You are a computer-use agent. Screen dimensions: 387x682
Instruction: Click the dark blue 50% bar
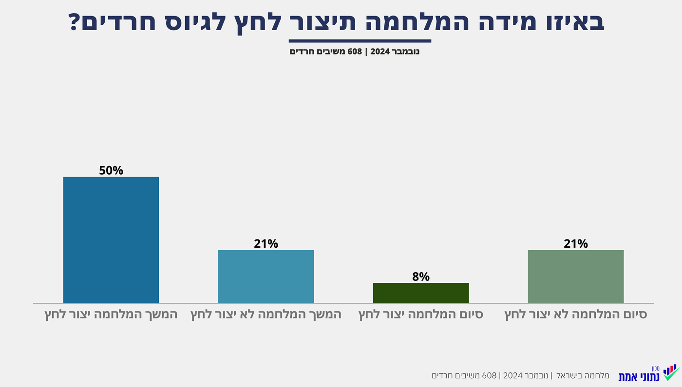(x=111, y=240)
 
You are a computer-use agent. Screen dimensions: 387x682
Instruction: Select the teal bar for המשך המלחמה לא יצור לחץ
(x=266, y=276)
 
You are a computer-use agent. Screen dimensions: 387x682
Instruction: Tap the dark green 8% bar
(x=421, y=293)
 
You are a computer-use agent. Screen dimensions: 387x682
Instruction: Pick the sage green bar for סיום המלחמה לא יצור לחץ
(x=576, y=276)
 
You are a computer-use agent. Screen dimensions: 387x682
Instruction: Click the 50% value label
(x=111, y=171)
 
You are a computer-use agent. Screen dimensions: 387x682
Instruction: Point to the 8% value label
(x=421, y=277)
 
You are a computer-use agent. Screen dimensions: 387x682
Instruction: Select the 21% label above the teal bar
(x=266, y=244)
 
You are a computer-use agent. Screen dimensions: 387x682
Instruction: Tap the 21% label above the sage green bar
(x=576, y=244)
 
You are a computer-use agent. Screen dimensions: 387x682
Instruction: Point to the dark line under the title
(x=360, y=41)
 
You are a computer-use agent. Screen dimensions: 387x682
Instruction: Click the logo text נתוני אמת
(x=639, y=377)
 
